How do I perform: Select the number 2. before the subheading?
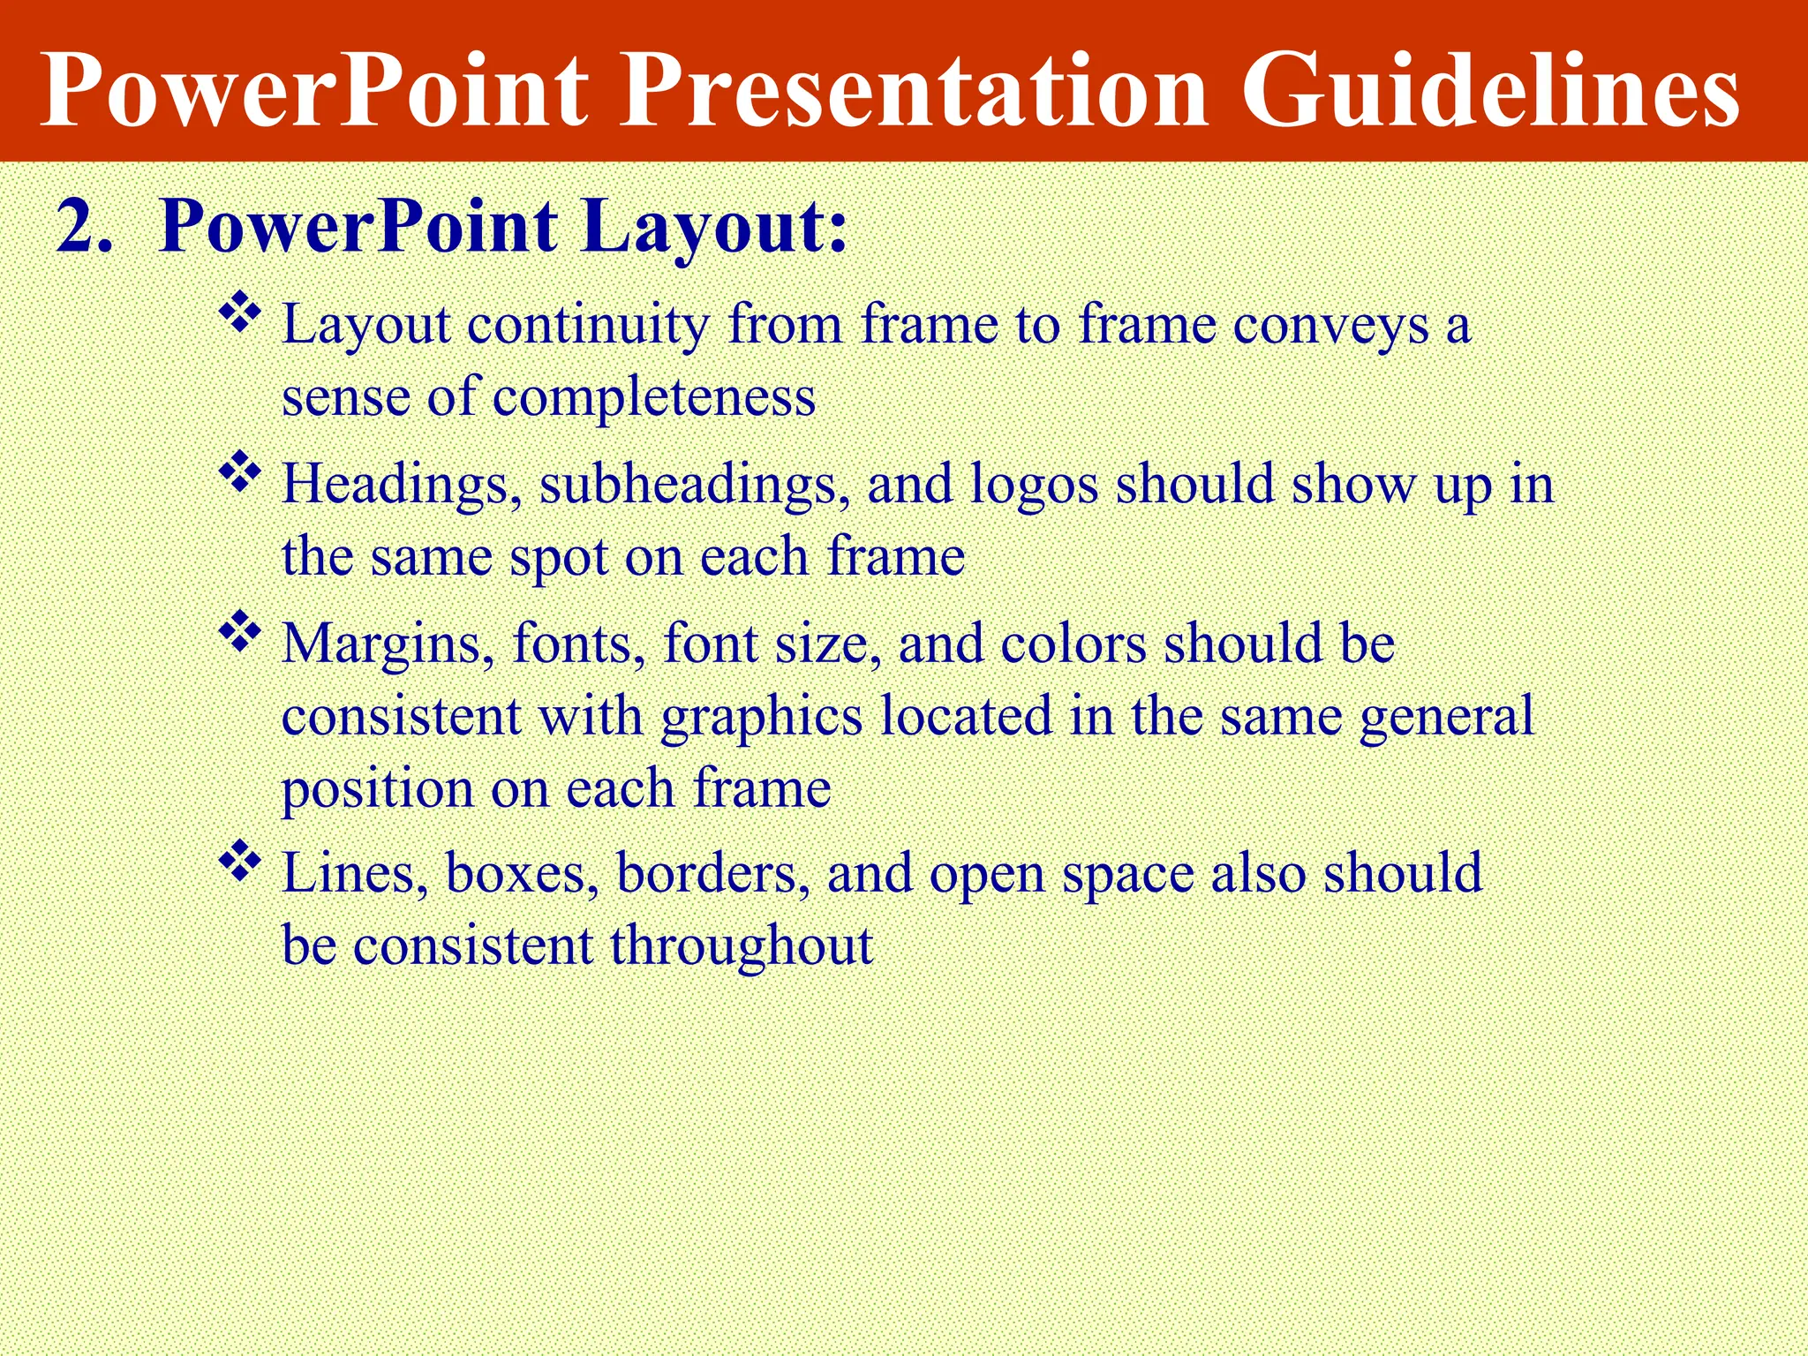tap(85, 227)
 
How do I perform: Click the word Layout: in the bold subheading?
tap(714, 227)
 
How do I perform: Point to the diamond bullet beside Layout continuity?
tap(240, 313)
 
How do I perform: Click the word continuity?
tap(588, 325)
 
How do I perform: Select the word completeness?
tap(653, 397)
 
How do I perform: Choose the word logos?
tap(1034, 486)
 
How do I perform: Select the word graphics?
tap(762, 717)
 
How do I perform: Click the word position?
tap(377, 788)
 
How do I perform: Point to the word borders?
tap(712, 873)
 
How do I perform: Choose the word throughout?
tap(741, 945)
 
